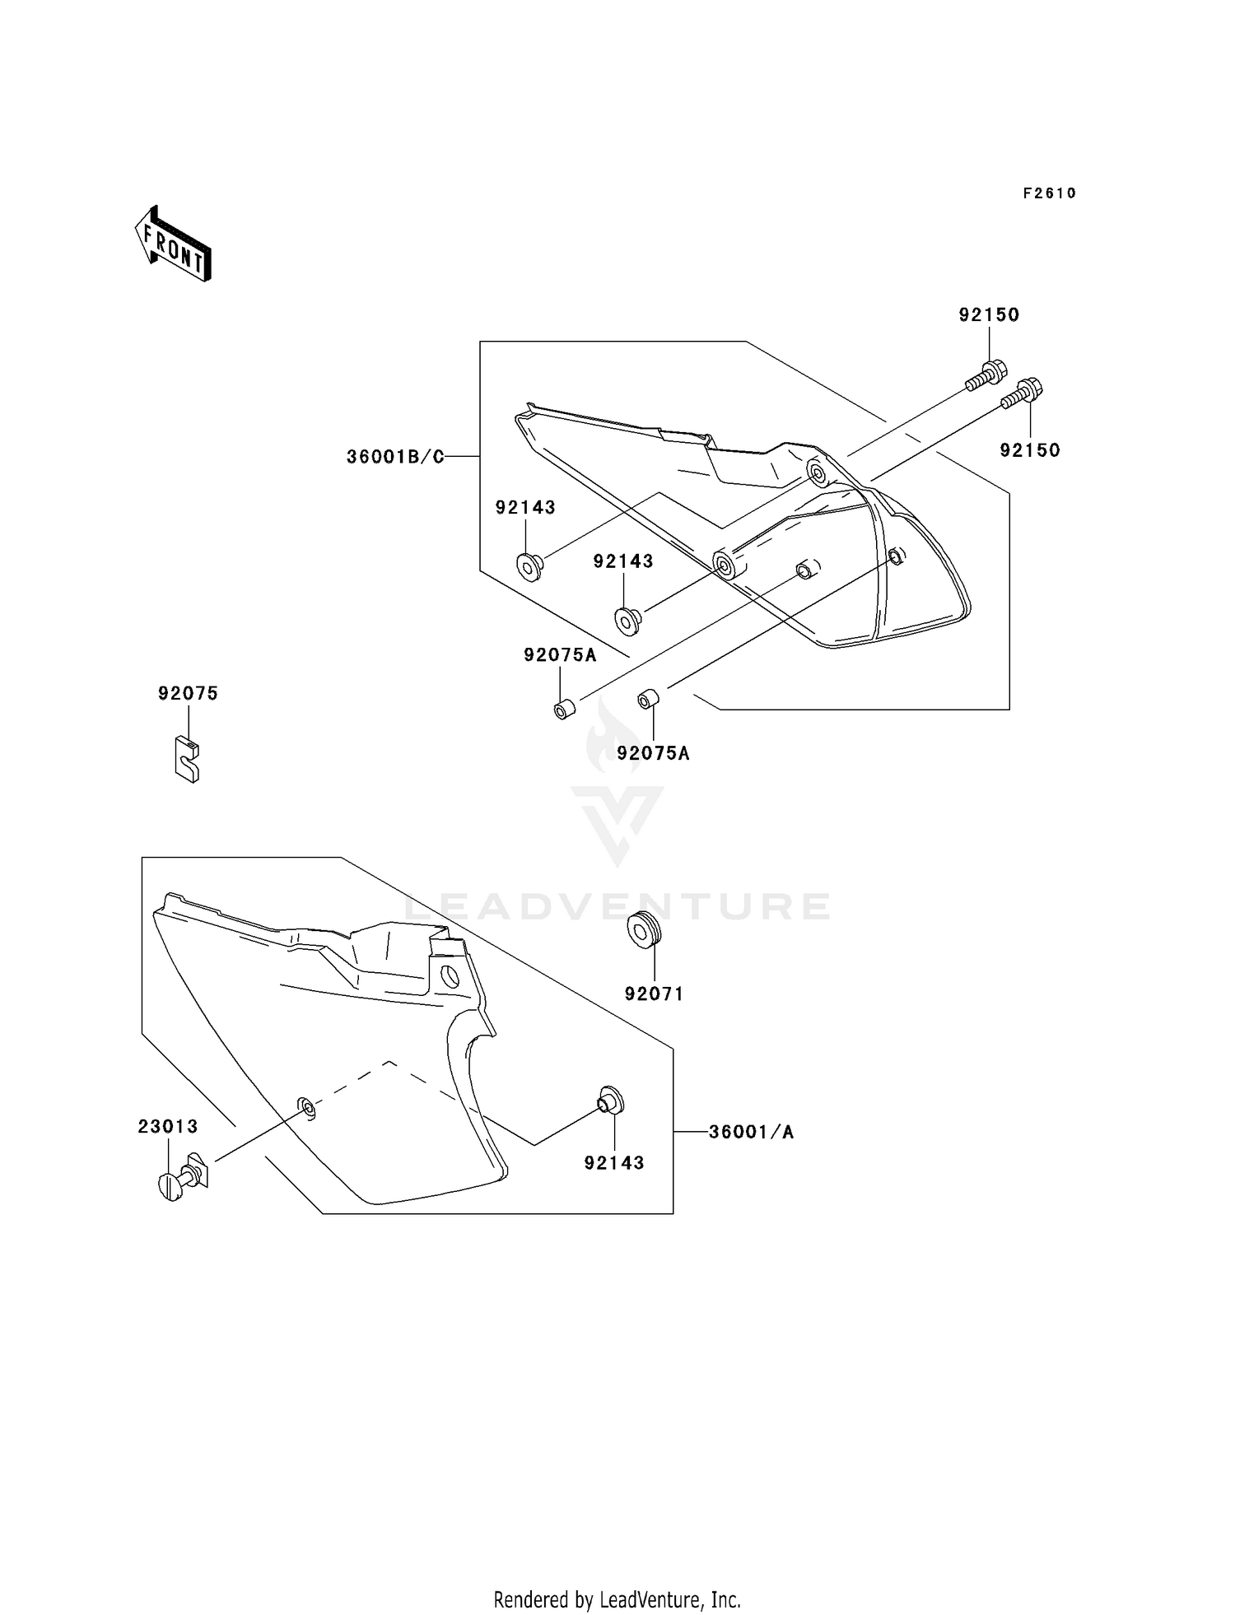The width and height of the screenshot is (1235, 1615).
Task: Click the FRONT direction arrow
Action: tap(174, 244)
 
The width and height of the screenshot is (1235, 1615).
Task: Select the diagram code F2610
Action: tap(1049, 193)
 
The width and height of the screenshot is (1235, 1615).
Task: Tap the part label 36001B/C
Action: tap(395, 457)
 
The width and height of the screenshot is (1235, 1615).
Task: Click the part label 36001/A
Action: tap(751, 1133)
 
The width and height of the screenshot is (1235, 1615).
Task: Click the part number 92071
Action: tap(654, 994)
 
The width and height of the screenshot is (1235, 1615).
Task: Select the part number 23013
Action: tap(168, 1126)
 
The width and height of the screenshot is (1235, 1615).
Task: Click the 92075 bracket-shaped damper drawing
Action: tap(188, 759)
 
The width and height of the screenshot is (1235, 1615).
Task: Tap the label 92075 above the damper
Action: tap(189, 694)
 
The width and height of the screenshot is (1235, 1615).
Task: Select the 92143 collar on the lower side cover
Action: tap(610, 1101)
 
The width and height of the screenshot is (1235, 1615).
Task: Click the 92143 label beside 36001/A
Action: tap(614, 1163)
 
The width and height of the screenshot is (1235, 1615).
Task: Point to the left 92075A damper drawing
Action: tap(564, 709)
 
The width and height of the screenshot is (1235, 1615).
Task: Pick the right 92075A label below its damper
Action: tap(654, 753)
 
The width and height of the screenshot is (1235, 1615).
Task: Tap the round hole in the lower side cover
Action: tap(450, 977)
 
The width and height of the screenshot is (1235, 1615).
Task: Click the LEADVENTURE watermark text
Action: tap(617, 906)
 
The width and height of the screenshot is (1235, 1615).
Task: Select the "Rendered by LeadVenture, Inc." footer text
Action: tap(617, 1599)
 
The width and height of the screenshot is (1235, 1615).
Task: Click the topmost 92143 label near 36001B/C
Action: tap(525, 508)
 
